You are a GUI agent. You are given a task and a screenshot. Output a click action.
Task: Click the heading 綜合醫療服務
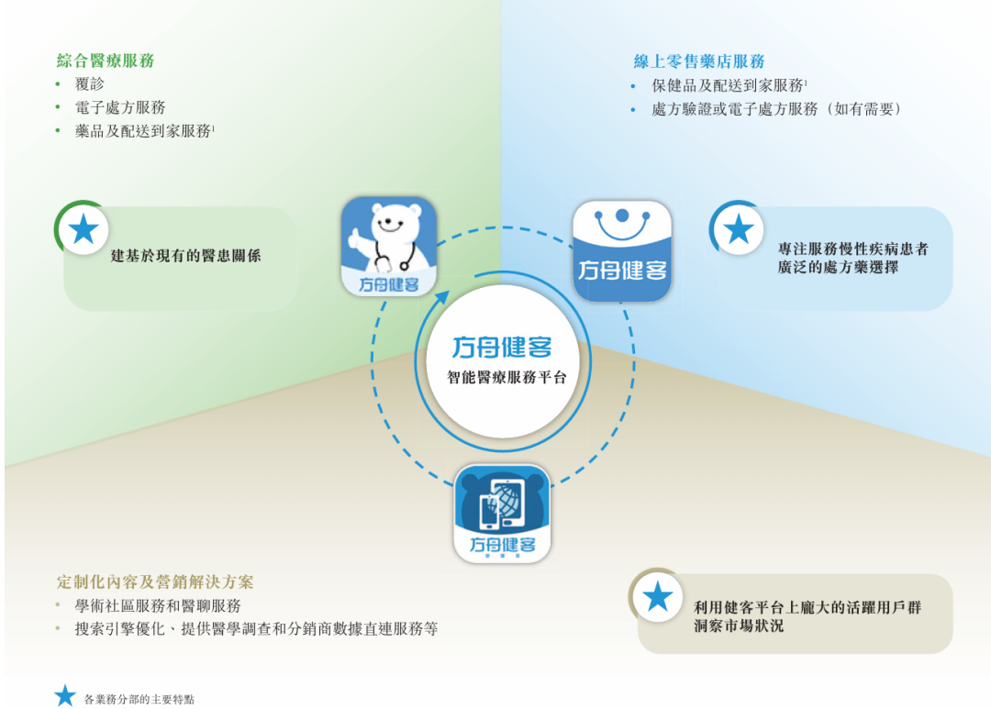[x=106, y=61]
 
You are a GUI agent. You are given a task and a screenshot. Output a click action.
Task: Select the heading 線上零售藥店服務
[x=699, y=61]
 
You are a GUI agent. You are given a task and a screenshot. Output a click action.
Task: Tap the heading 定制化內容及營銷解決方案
[x=155, y=582]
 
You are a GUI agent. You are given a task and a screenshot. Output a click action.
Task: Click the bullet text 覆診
[x=90, y=84]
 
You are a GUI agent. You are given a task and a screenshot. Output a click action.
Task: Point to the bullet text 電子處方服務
[x=120, y=107]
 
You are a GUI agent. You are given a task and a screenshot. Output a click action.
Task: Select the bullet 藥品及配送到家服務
[x=143, y=131]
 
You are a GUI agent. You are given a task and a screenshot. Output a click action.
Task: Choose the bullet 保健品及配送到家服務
[x=729, y=85]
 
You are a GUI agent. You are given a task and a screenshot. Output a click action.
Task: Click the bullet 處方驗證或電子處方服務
[x=776, y=109]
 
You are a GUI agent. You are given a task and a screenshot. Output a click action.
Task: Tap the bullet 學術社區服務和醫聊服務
[x=158, y=606]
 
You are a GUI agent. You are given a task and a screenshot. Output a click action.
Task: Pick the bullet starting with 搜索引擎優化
[x=256, y=629]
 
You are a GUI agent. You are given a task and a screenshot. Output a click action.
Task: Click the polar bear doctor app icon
[x=389, y=247]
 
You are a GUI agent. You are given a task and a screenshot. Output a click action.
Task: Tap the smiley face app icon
[x=621, y=250]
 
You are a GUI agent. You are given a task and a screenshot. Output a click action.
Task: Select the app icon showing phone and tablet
[x=502, y=514]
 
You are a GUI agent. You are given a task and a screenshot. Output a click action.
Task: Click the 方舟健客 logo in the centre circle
[x=502, y=348]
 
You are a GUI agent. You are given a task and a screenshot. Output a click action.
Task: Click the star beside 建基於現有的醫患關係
[x=84, y=229]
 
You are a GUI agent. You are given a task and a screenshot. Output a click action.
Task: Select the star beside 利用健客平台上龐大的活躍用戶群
[x=658, y=597]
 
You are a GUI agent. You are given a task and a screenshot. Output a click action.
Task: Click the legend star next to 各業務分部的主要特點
[x=64, y=695]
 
